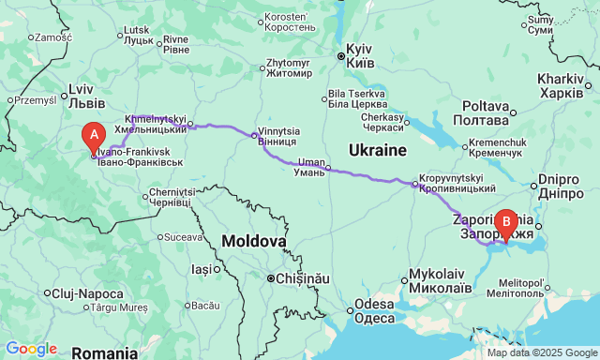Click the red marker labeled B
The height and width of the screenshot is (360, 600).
[x=506, y=223]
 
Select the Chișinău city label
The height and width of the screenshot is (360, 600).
[x=298, y=278]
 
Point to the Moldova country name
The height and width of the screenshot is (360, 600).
[x=254, y=242]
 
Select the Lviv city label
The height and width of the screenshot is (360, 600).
[x=80, y=95]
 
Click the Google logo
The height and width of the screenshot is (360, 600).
[x=30, y=349]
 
